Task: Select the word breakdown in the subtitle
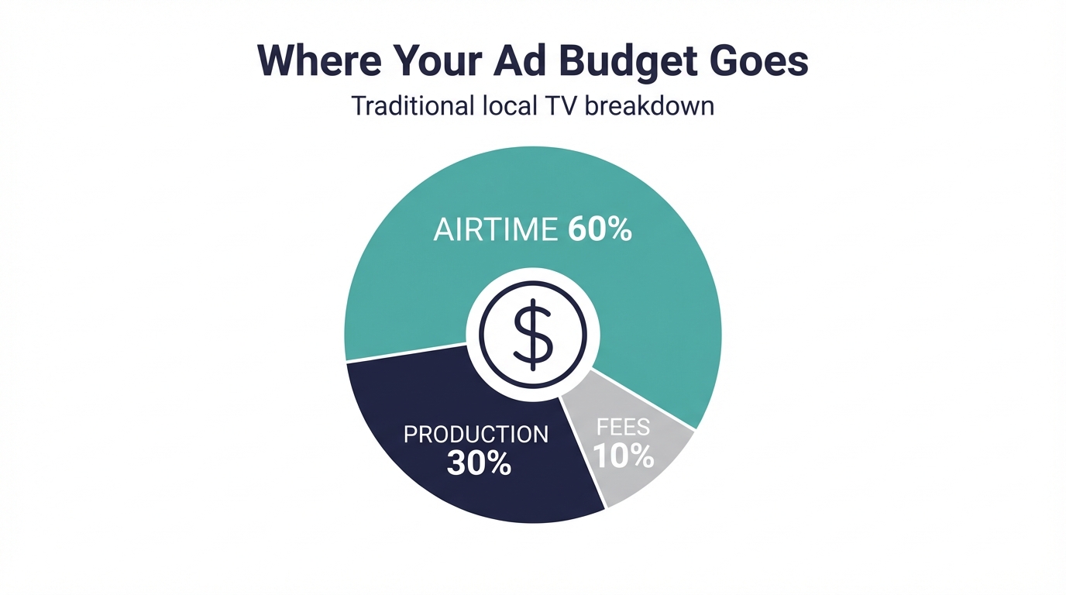648,105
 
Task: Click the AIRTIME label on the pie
494,230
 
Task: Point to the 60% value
600,230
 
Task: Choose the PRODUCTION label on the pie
476,434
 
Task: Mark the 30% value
479,463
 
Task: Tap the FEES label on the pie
623,428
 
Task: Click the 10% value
623,456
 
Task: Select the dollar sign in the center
533,335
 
